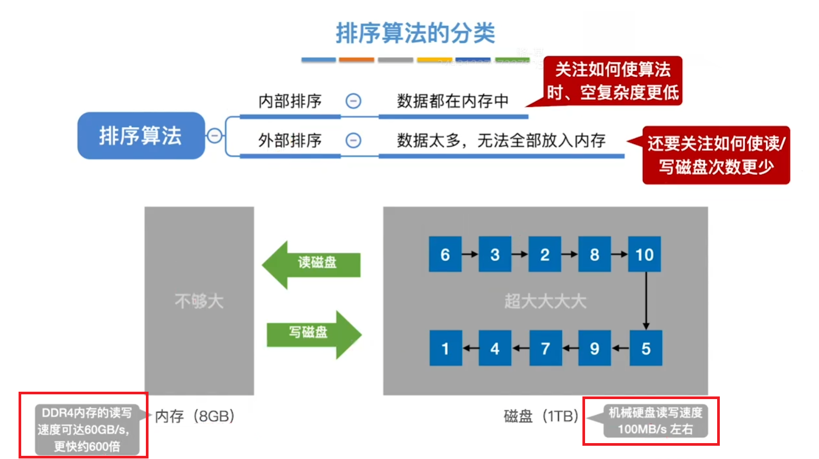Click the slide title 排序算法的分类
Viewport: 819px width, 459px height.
point(415,33)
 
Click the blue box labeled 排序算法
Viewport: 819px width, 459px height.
point(141,136)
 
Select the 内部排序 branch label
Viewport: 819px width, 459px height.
point(290,101)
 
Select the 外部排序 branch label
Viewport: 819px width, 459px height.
point(290,140)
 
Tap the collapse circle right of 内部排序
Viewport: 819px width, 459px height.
point(353,101)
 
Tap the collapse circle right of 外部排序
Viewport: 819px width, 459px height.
point(353,140)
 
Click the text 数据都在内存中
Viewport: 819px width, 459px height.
point(452,101)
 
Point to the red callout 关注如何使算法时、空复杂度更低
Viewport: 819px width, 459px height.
point(613,81)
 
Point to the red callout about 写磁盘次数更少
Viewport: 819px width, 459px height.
point(716,155)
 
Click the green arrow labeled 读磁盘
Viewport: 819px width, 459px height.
point(313,263)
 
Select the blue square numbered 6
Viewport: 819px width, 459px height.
point(445,254)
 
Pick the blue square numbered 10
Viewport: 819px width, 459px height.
point(644,254)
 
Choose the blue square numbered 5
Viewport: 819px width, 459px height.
point(646,348)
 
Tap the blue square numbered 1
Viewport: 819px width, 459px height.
point(445,348)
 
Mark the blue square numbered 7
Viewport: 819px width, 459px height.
point(545,348)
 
